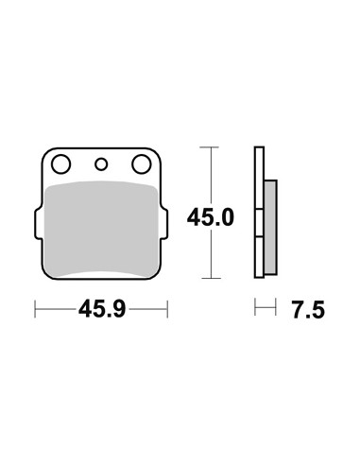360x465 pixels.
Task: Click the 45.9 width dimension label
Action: pos(102,309)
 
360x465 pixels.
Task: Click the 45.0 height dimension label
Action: pos(211,217)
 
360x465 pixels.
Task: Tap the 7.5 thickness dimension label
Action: pos(308,310)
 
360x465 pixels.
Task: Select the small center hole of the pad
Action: pos(101,164)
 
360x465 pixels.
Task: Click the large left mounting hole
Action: pos(60,164)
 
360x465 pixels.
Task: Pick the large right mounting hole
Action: pos(142,164)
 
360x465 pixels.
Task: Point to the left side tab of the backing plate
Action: pos(38,223)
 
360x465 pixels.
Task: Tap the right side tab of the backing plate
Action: pos(164,223)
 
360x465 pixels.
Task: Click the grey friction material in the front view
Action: pos(101,229)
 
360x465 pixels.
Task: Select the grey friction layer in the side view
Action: pos(271,228)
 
